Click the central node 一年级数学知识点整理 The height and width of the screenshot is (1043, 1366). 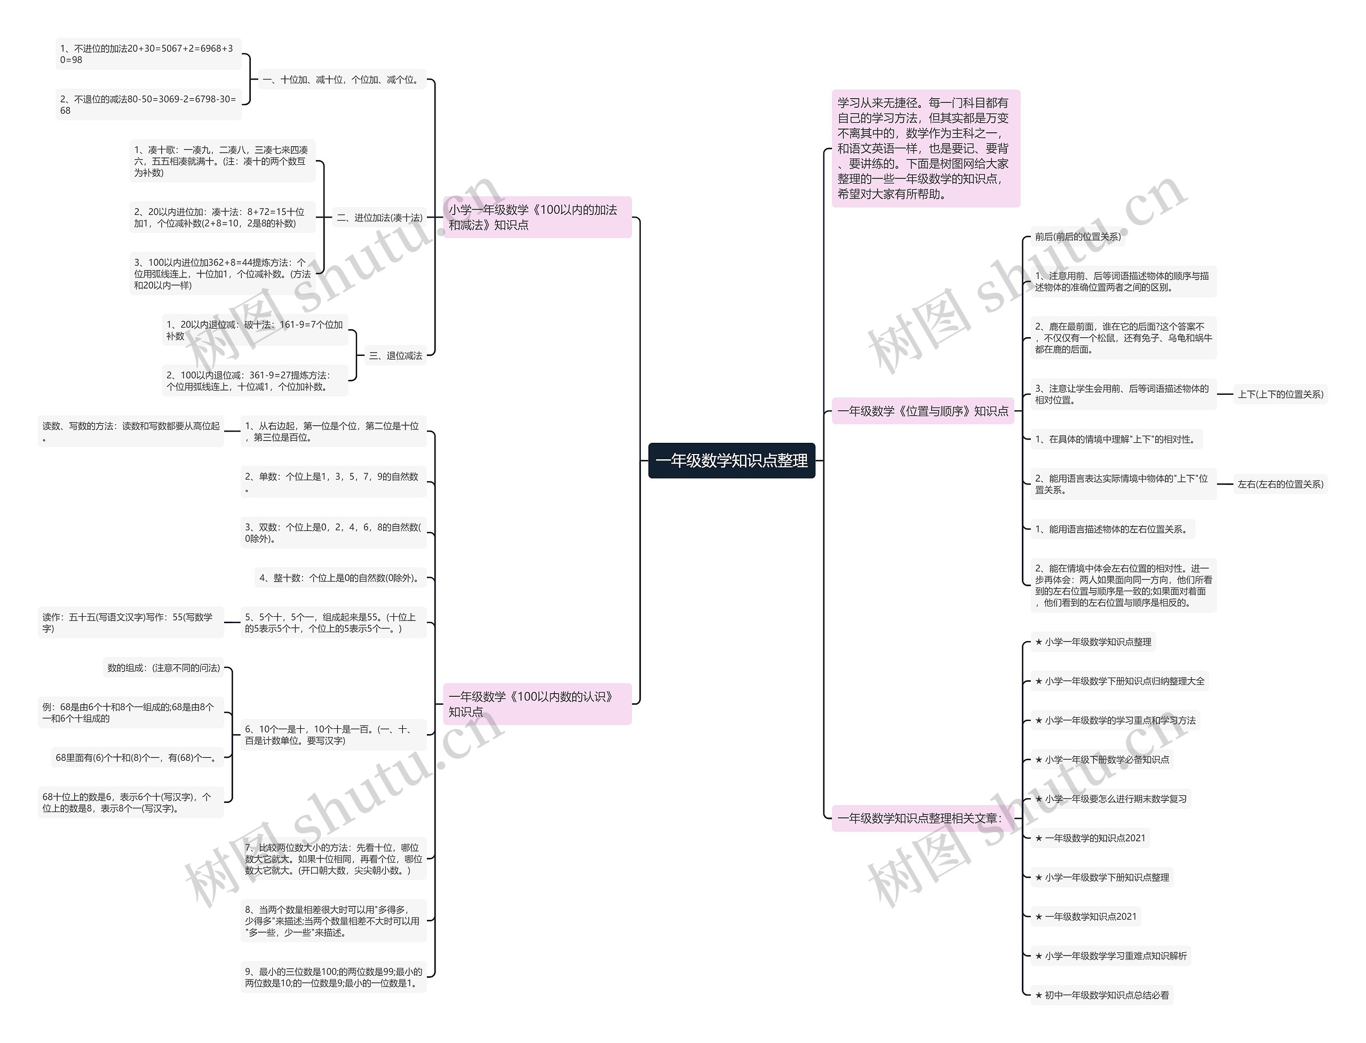click(732, 460)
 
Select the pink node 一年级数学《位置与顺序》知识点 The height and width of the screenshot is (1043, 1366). click(922, 411)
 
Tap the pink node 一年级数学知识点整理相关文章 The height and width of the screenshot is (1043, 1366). click(919, 818)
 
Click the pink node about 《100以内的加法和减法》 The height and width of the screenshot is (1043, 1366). click(536, 217)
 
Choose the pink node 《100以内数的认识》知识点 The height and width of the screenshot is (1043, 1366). click(536, 704)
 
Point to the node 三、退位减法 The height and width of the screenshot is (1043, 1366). click(395, 356)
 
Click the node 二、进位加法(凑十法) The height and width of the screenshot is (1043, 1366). click(379, 218)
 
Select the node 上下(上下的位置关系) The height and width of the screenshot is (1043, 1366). click(1280, 394)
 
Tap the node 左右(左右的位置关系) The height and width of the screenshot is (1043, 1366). click(1280, 484)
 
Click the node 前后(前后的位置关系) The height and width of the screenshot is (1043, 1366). click(1077, 236)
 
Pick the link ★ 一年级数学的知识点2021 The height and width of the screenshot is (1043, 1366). click(1090, 838)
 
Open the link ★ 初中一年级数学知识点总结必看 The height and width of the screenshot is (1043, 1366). click(1101, 995)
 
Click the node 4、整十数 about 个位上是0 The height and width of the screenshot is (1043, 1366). click(340, 578)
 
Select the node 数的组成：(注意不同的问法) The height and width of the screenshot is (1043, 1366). click(163, 668)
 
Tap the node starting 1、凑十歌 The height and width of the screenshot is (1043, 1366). click(221, 162)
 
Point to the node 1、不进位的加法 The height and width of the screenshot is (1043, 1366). click(148, 54)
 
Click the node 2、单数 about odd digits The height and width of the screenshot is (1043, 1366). click(333, 482)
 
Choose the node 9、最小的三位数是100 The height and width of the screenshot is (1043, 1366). click(333, 977)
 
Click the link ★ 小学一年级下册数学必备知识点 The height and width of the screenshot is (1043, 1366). click(1101, 759)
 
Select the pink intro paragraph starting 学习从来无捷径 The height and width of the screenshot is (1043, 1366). click(925, 148)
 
